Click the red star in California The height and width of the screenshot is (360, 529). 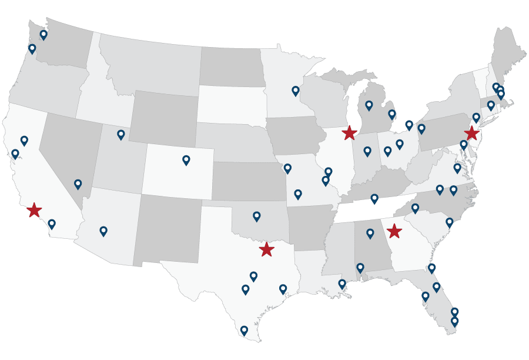coord(34,209)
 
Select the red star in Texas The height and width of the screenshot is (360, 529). coord(266,249)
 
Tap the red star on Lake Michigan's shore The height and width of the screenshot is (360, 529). coord(349,132)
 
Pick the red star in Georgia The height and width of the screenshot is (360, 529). coord(394,231)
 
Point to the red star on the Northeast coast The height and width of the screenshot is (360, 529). coord(472,133)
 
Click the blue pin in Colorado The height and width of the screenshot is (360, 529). coord(186,159)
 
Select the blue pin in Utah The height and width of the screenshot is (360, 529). coord(121,134)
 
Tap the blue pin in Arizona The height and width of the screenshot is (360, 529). coord(103,231)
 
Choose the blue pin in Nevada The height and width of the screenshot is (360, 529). coord(78,184)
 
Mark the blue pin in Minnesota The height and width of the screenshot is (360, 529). coord(296,90)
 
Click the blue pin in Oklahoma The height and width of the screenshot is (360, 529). coord(256,216)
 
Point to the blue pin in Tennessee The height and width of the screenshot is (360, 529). coord(374,198)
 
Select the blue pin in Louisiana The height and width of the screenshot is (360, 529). coord(342,284)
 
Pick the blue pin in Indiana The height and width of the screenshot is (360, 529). coord(367,151)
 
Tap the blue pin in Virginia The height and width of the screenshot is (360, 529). coord(457,168)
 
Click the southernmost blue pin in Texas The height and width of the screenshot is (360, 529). coord(244,330)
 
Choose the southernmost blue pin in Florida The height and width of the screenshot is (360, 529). coord(454,321)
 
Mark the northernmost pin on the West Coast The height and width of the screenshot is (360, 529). coord(43,34)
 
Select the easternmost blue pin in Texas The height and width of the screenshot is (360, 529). coord(283,288)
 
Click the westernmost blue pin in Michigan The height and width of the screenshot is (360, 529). coord(369,105)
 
